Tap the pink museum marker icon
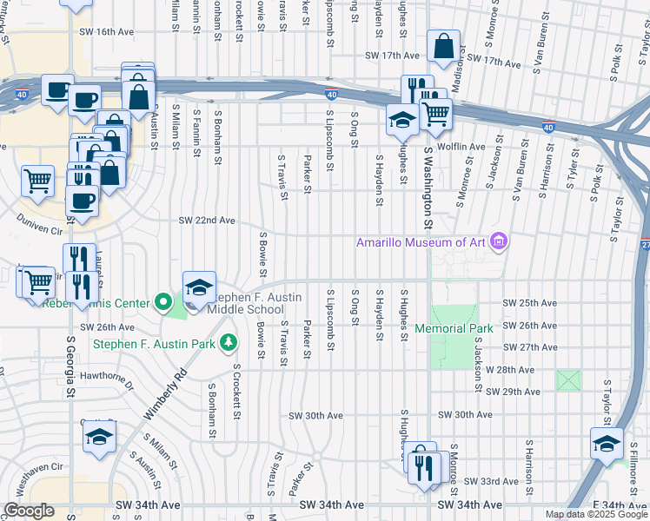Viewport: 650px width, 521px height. (x=499, y=241)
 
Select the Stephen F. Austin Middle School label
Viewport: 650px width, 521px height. (x=257, y=303)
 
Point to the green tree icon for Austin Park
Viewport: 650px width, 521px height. (x=229, y=343)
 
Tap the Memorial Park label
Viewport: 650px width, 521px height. (x=454, y=328)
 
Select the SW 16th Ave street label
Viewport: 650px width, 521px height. (x=109, y=31)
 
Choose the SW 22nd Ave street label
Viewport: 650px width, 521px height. (x=208, y=221)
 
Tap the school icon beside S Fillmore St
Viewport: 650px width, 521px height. (x=607, y=443)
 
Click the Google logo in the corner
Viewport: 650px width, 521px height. (x=29, y=511)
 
